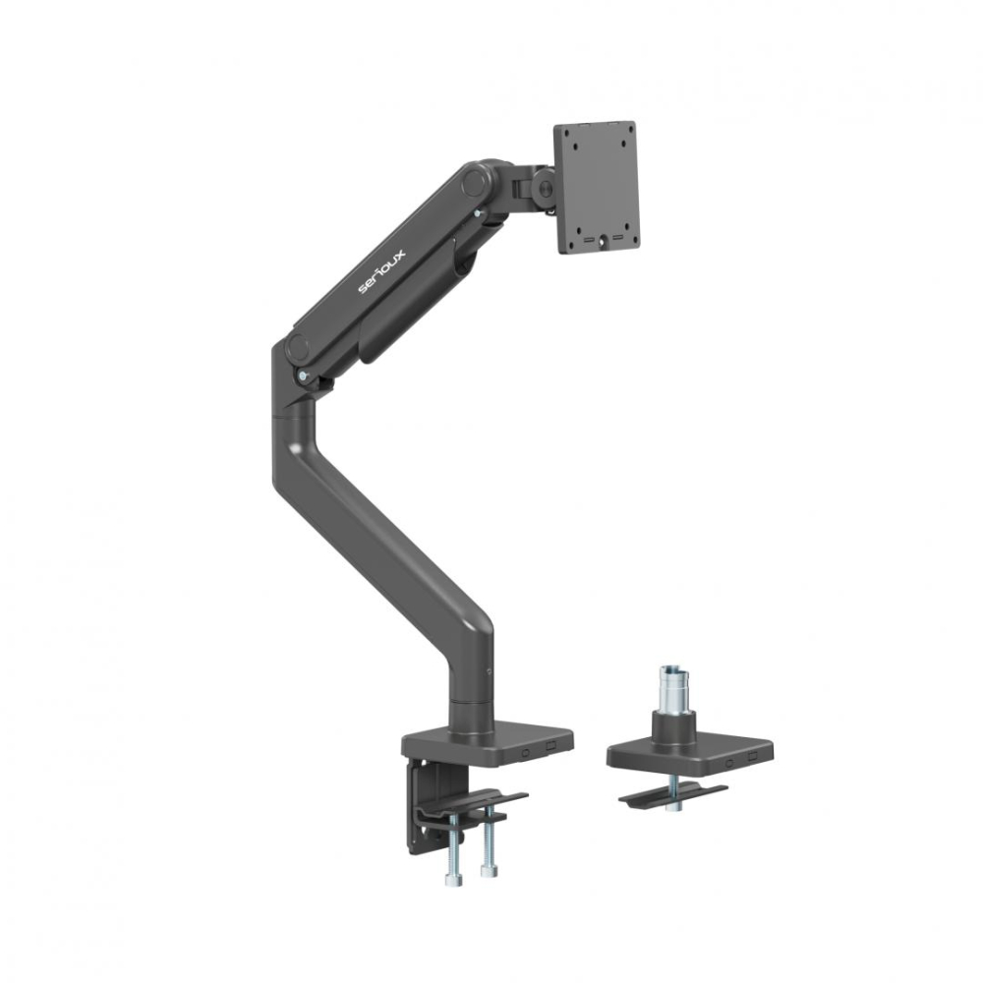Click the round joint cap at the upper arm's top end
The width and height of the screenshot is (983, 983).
[x=476, y=182]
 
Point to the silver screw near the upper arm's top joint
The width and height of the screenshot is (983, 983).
[x=479, y=209]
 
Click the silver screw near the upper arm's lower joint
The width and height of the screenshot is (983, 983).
[x=304, y=375]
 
